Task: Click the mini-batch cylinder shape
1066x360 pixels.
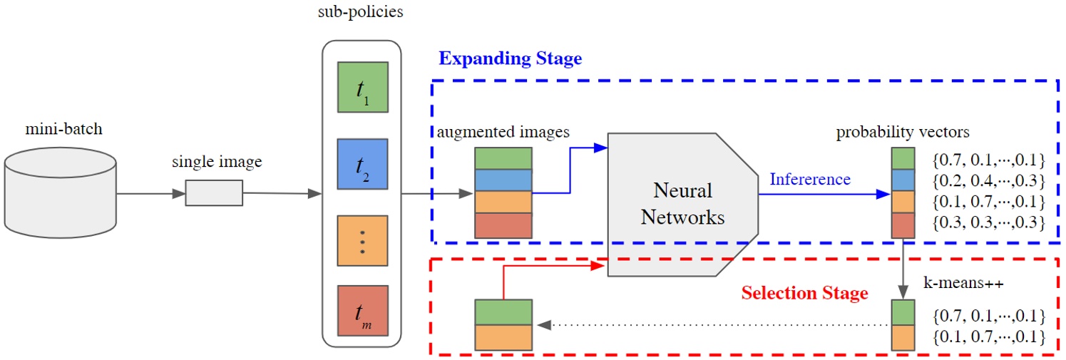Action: (60, 192)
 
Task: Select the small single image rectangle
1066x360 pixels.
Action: (214, 192)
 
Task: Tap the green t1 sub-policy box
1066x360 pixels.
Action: (363, 88)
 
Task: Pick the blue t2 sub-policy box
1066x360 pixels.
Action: (363, 165)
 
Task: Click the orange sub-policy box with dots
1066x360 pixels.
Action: (363, 241)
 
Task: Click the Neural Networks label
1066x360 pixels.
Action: (682, 205)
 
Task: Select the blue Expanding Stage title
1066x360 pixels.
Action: (510, 58)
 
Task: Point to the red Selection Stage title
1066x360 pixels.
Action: (804, 292)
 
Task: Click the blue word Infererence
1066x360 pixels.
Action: (810, 179)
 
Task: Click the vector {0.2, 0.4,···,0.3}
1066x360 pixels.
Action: (988, 179)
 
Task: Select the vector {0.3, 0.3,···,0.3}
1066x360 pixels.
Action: (988, 223)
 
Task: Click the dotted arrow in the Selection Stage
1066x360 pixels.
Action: (713, 325)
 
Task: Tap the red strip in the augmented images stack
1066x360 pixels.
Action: (503, 225)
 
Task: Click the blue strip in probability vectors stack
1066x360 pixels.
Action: (903, 180)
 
